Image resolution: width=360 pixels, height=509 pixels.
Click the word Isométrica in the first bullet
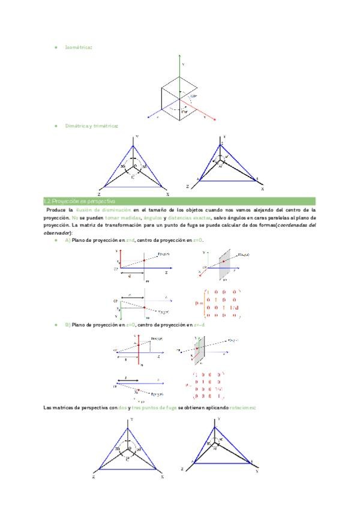coord(78,46)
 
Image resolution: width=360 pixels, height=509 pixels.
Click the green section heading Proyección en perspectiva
coord(83,201)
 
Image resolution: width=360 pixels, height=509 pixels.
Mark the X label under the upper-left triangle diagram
coord(167,194)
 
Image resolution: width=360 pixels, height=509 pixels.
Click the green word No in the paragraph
coord(75,218)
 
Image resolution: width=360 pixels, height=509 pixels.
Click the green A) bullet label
coord(68,240)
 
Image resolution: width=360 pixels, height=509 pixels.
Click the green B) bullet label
coord(68,325)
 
